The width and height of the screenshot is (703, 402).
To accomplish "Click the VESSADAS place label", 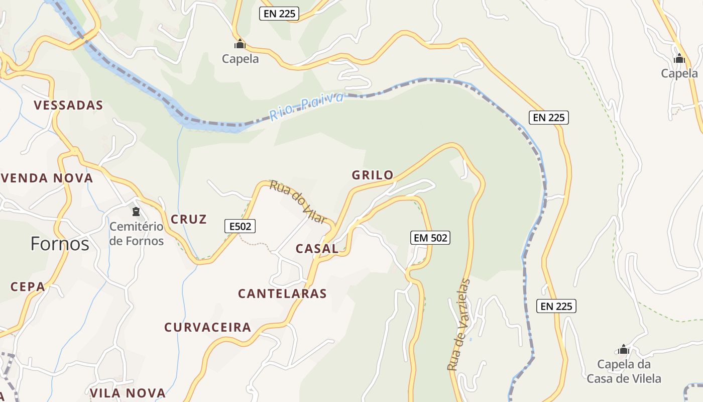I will pyautogui.click(x=68, y=106).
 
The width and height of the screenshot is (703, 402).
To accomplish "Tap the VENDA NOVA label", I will pyautogui.click(x=47, y=178).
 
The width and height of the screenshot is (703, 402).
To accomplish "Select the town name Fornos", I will pyautogui.click(x=60, y=244).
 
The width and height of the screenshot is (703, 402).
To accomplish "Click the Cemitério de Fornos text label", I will pyautogui.click(x=137, y=234).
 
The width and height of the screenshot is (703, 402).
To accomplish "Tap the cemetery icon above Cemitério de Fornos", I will pyautogui.click(x=136, y=212).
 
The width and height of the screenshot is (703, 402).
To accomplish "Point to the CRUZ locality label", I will pyautogui.click(x=189, y=220).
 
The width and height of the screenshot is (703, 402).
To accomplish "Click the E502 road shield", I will pyautogui.click(x=240, y=227).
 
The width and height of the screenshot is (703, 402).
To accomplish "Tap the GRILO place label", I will pyautogui.click(x=373, y=175).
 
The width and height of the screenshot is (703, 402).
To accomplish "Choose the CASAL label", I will pyautogui.click(x=317, y=249).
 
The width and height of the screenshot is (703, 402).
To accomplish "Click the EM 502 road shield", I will pyautogui.click(x=430, y=238).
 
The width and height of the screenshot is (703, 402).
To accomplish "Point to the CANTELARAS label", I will pyautogui.click(x=282, y=293).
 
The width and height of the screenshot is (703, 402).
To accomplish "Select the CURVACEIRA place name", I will pyautogui.click(x=207, y=328).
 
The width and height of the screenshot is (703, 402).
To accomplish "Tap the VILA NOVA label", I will pyautogui.click(x=128, y=393).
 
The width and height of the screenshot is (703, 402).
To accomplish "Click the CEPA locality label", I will pyautogui.click(x=28, y=287).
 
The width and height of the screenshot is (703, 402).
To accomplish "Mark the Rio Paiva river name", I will pyautogui.click(x=306, y=107).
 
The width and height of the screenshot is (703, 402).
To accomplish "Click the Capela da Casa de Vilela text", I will pyautogui.click(x=624, y=371).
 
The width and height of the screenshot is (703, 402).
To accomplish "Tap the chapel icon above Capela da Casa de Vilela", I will pyautogui.click(x=624, y=349).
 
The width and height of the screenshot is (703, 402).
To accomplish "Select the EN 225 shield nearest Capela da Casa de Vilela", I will pyautogui.click(x=556, y=306).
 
